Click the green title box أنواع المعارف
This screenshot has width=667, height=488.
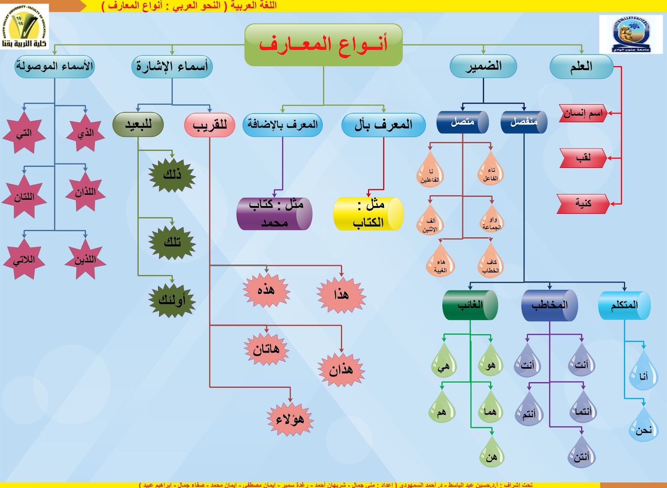tap(323, 45)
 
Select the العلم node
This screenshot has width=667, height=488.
tap(581, 67)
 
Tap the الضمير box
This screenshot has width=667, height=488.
tap(483, 67)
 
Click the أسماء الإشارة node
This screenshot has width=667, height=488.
tap(172, 67)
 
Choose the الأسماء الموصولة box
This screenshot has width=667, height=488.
tap(54, 67)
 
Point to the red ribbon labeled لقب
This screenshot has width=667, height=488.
tap(583, 158)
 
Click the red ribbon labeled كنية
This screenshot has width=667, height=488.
tap(583, 204)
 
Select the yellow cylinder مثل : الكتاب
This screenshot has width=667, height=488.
tap(369, 214)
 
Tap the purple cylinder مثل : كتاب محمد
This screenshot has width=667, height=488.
tap(274, 214)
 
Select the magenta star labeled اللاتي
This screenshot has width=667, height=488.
tap(24, 260)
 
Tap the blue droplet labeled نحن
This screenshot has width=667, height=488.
tap(643, 428)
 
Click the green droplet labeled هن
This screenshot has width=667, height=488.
tap(491, 455)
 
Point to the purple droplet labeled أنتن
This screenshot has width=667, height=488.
tap(582, 455)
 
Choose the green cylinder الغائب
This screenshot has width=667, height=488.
tap(470, 305)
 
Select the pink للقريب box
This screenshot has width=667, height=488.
tap(210, 125)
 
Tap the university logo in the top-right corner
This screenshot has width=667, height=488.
tap(631, 34)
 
